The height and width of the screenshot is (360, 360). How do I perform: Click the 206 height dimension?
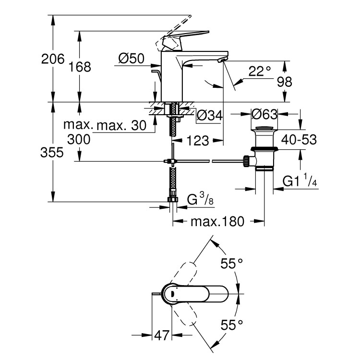click(x=53, y=59)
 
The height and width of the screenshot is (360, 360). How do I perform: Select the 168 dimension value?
click(x=80, y=67)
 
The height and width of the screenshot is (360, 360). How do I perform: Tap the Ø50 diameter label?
click(x=131, y=59)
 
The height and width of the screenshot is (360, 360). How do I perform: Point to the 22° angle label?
click(x=259, y=72)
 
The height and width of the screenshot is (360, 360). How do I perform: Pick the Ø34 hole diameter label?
click(x=210, y=115)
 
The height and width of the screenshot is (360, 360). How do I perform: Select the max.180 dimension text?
click(x=217, y=222)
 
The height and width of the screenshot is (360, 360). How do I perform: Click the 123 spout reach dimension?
click(x=197, y=141)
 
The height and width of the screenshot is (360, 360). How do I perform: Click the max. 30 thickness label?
click(x=121, y=126)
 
